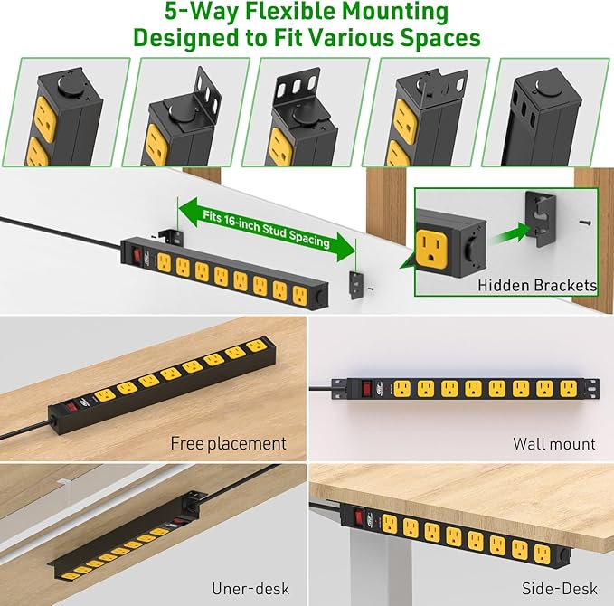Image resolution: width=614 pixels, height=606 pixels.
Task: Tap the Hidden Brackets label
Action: click(537, 285)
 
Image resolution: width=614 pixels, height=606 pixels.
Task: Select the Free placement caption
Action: click(228, 443)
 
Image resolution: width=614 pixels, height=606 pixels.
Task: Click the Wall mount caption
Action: click(554, 443)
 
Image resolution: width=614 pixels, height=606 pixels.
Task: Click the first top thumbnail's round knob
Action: click(66, 83)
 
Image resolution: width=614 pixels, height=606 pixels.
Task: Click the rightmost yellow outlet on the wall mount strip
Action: click(567, 389)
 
